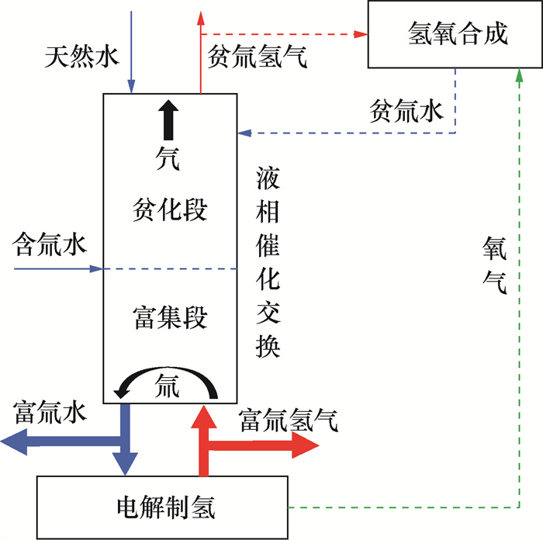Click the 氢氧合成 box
(x=457, y=34)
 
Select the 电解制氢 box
(x=163, y=507)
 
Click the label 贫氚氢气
(x=257, y=58)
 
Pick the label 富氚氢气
(x=288, y=420)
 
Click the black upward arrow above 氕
(x=169, y=120)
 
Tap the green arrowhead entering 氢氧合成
(x=518, y=74)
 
